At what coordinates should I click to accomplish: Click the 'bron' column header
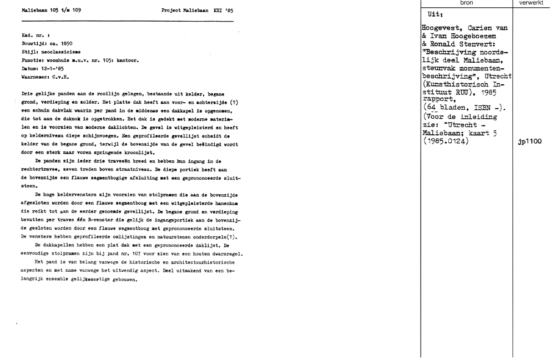(x=467, y=3)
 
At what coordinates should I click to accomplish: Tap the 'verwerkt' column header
(x=533, y=3)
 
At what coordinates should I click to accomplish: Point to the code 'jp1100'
(x=530, y=141)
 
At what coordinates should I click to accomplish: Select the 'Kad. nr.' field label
(x=31, y=35)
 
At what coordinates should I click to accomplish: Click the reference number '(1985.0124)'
(x=446, y=141)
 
